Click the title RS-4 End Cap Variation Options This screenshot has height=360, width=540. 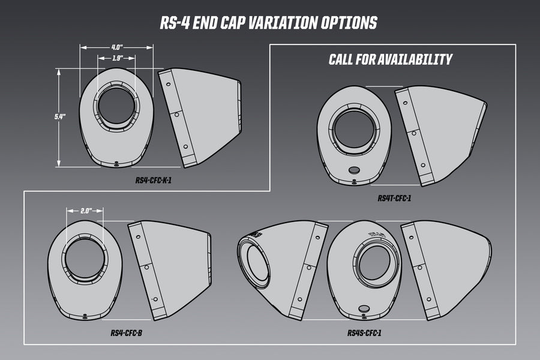point(269,23)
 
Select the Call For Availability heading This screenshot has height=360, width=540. point(390,59)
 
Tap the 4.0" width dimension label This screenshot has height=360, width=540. point(117,46)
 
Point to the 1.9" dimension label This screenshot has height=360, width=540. point(118,58)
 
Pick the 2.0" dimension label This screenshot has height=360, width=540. point(85,211)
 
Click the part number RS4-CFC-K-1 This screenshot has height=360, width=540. point(154,179)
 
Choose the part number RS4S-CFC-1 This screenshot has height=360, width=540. point(364,332)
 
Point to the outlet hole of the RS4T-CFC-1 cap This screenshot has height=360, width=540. point(355,128)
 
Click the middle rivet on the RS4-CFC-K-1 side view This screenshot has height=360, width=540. point(177,113)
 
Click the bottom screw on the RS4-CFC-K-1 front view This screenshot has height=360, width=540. point(115,162)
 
